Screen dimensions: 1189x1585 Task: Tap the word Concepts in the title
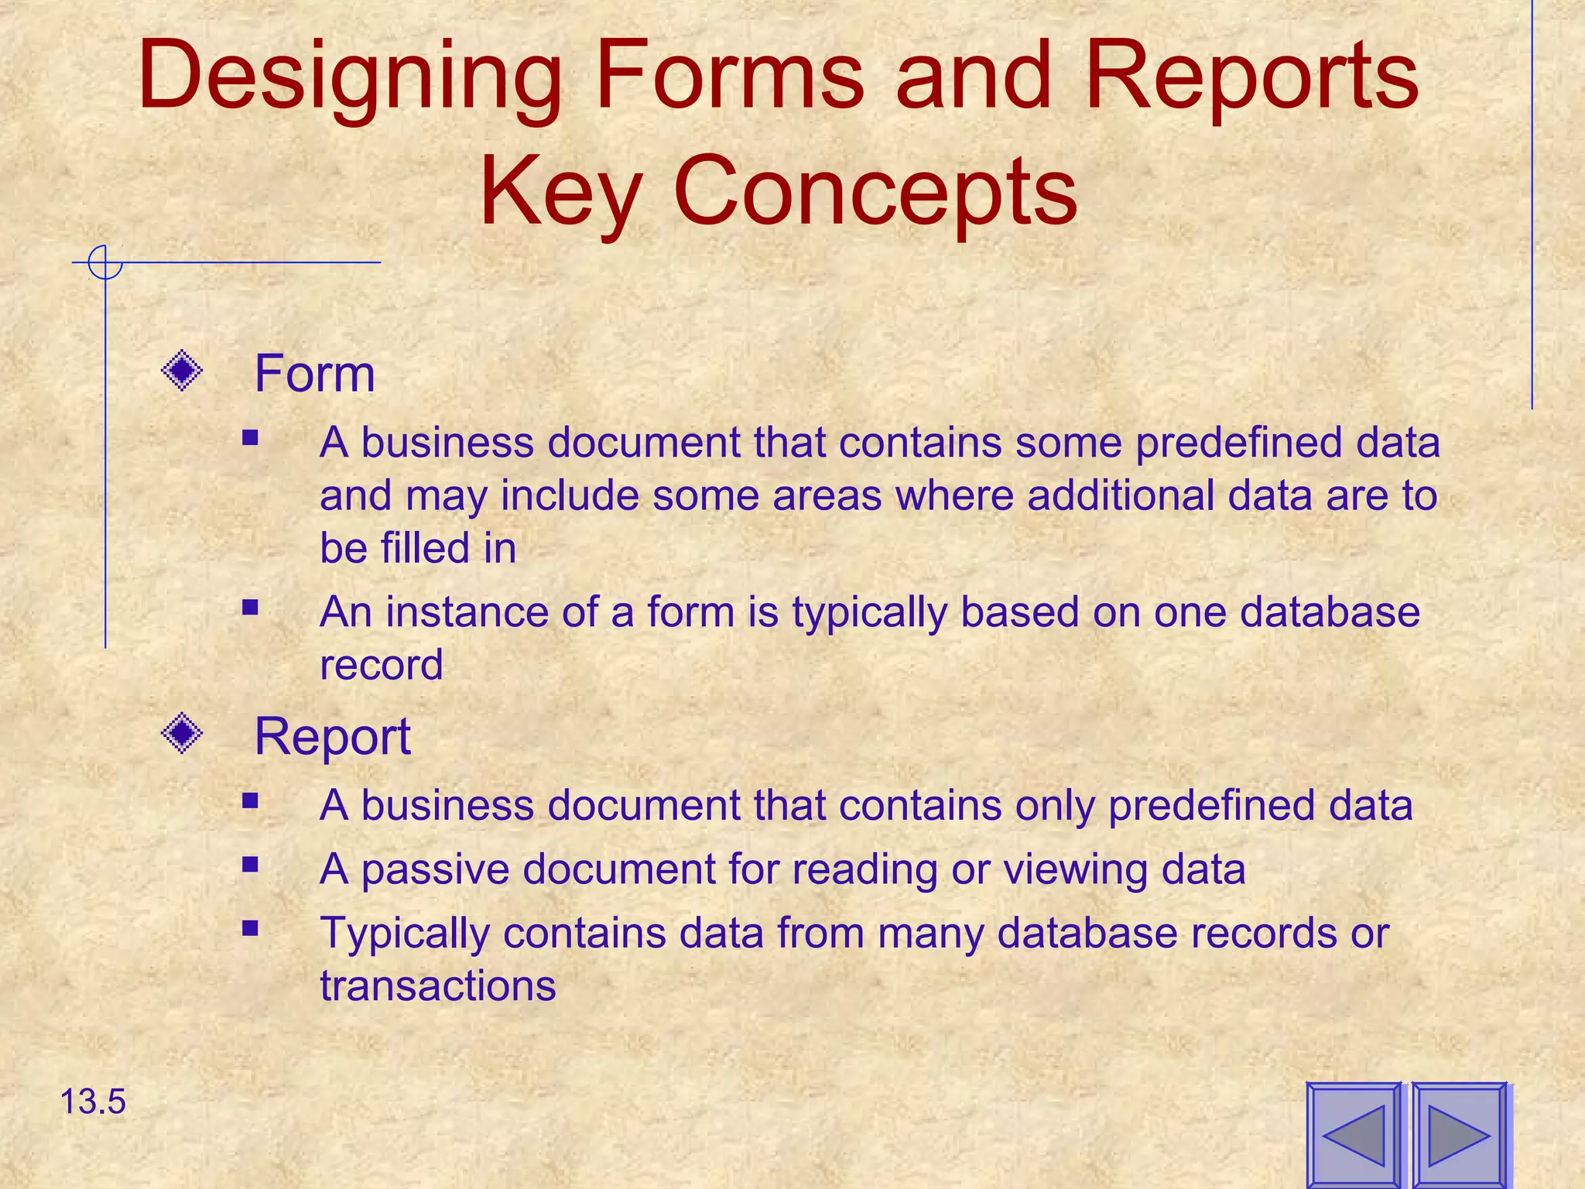[x=875, y=191]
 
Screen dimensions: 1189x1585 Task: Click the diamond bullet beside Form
[x=182, y=372]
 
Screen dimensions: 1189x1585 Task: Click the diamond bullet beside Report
[x=182, y=732]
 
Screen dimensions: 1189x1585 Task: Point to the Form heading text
[x=314, y=374]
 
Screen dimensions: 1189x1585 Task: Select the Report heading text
[x=332, y=736]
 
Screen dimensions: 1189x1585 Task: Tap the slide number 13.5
[x=92, y=1102]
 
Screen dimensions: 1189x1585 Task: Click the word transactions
[x=438, y=985]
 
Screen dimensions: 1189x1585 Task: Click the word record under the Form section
[x=381, y=665]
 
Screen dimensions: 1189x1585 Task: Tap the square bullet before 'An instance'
[x=249, y=607]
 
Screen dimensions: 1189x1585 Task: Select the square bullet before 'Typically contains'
[x=249, y=927]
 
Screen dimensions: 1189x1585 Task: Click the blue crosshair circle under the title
[x=105, y=262]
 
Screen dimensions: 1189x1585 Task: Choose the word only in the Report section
[x=1054, y=805]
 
